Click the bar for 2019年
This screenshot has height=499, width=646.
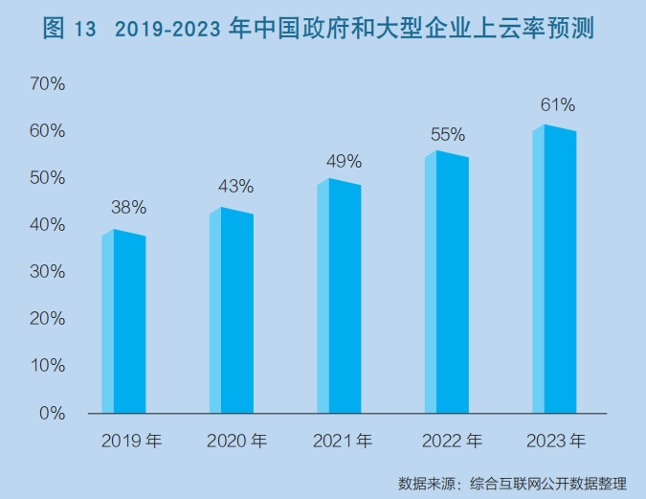pyautogui.click(x=124, y=323)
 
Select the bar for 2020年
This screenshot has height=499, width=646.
pyautogui.click(x=232, y=312)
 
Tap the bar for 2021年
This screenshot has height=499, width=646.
pyautogui.click(x=340, y=297)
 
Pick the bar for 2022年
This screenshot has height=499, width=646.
pyautogui.click(x=447, y=284)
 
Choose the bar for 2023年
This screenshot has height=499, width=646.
pyautogui.click(x=555, y=270)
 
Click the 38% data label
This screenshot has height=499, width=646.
pyautogui.click(x=128, y=207)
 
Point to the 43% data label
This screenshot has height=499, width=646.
pyautogui.click(x=235, y=186)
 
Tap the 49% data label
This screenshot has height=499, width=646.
pyautogui.click(x=344, y=160)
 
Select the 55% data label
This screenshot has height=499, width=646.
pyautogui.click(x=447, y=134)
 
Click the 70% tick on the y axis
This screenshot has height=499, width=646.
pyautogui.click(x=47, y=84)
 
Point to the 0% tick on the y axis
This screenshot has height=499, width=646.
pyautogui.click(x=52, y=414)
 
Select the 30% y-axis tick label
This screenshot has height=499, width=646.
pyautogui.click(x=47, y=272)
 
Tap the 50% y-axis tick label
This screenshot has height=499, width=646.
pyautogui.click(x=47, y=178)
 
